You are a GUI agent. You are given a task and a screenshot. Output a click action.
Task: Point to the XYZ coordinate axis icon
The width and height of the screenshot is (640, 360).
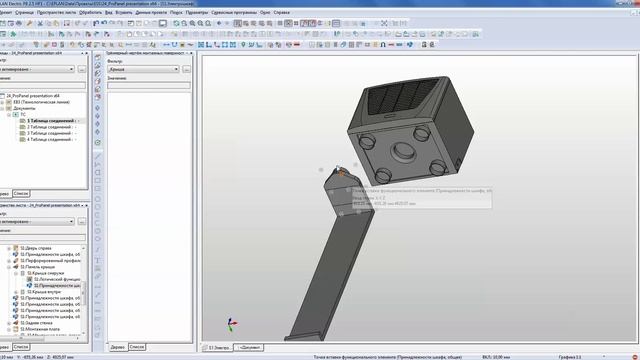click(232, 326)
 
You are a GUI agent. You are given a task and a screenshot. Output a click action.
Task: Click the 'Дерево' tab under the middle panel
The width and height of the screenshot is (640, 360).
click(117, 346)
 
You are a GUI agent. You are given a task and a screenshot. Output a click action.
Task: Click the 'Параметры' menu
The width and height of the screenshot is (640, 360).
click(196, 11)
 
